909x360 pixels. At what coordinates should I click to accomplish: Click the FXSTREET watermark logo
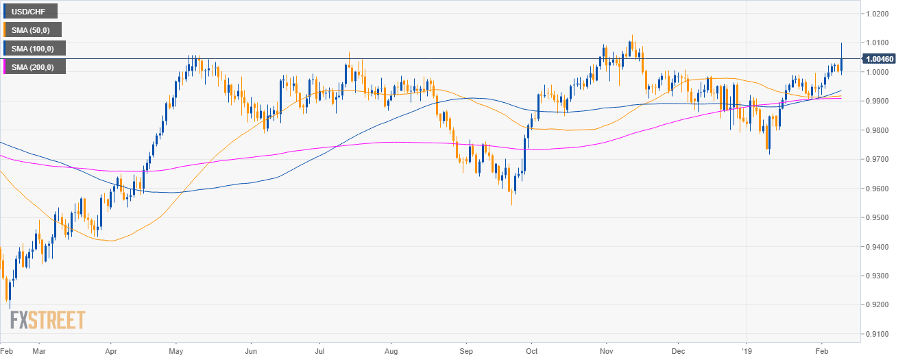click(47, 320)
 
